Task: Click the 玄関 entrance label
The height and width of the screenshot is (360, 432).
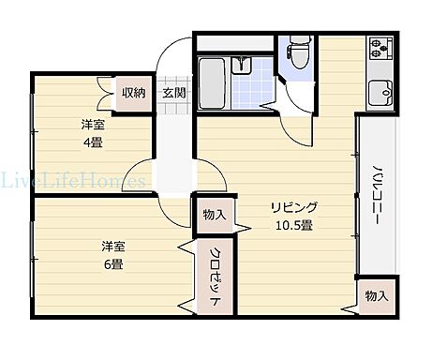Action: (x=172, y=92)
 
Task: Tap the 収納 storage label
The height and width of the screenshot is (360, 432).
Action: (x=133, y=92)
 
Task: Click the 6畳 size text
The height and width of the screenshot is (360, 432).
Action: (x=113, y=264)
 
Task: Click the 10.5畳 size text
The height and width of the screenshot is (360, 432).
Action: (x=292, y=225)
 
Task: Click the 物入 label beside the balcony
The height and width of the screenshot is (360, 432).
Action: (x=376, y=296)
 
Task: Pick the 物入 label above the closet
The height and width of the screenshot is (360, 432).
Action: (x=214, y=215)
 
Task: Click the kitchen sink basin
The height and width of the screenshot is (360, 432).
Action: (x=383, y=95)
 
